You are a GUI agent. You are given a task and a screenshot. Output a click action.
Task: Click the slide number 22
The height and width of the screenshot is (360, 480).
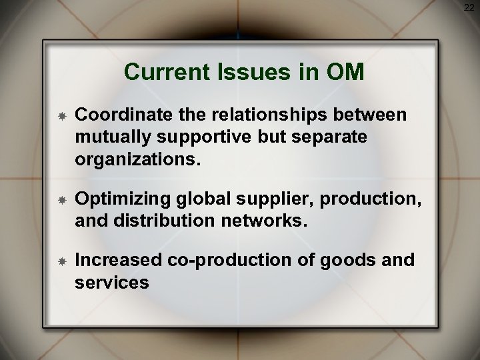[470, 7]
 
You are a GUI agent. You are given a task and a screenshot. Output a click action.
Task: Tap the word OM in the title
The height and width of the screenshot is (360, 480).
[344, 72]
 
